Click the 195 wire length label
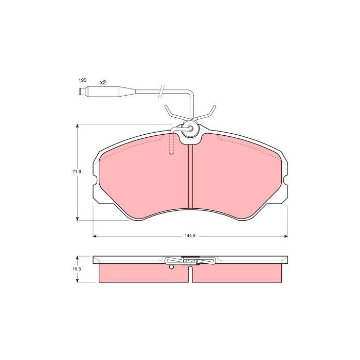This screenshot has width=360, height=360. click(82, 80)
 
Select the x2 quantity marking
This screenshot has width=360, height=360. click(103, 83)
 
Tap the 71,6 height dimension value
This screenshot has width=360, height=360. click(77, 171)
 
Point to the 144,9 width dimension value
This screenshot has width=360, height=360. click(190, 236)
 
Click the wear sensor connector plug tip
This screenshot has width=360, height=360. click(81, 92)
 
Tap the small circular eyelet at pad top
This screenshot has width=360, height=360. click(190, 129)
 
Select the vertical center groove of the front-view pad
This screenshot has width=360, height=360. click(190, 176)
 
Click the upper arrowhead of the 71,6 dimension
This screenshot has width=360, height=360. click(77, 127)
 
